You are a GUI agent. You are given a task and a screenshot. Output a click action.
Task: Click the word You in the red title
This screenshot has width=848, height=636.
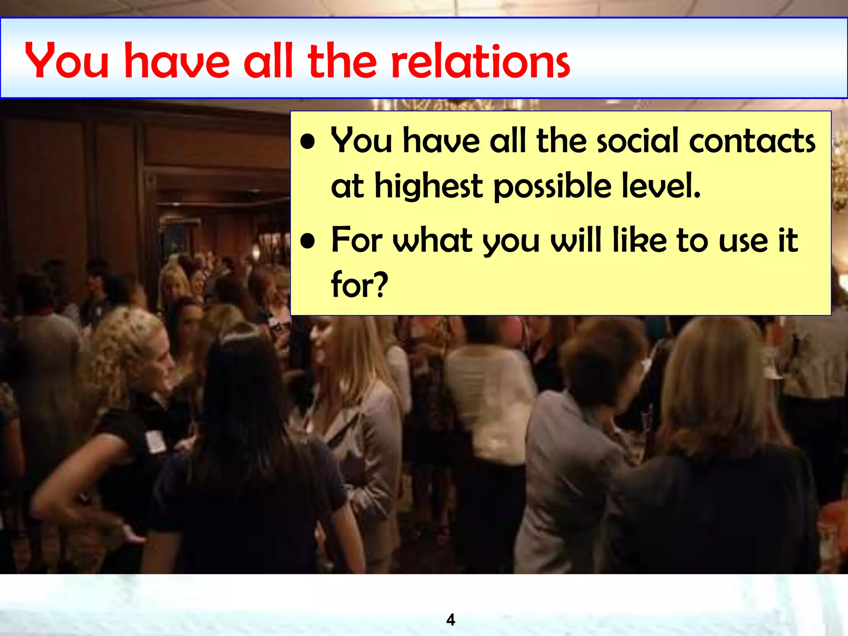[x=67, y=61]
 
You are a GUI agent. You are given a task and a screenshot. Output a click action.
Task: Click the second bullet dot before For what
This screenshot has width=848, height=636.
[x=308, y=242]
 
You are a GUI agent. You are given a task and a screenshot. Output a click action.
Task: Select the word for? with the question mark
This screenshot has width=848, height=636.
[x=359, y=285]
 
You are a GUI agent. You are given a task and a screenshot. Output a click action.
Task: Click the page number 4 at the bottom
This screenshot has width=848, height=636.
[x=450, y=620]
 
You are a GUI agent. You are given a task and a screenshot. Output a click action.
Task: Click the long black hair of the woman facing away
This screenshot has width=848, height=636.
[x=244, y=397]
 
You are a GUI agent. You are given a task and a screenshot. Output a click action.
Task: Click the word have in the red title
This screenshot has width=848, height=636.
[x=177, y=61]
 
